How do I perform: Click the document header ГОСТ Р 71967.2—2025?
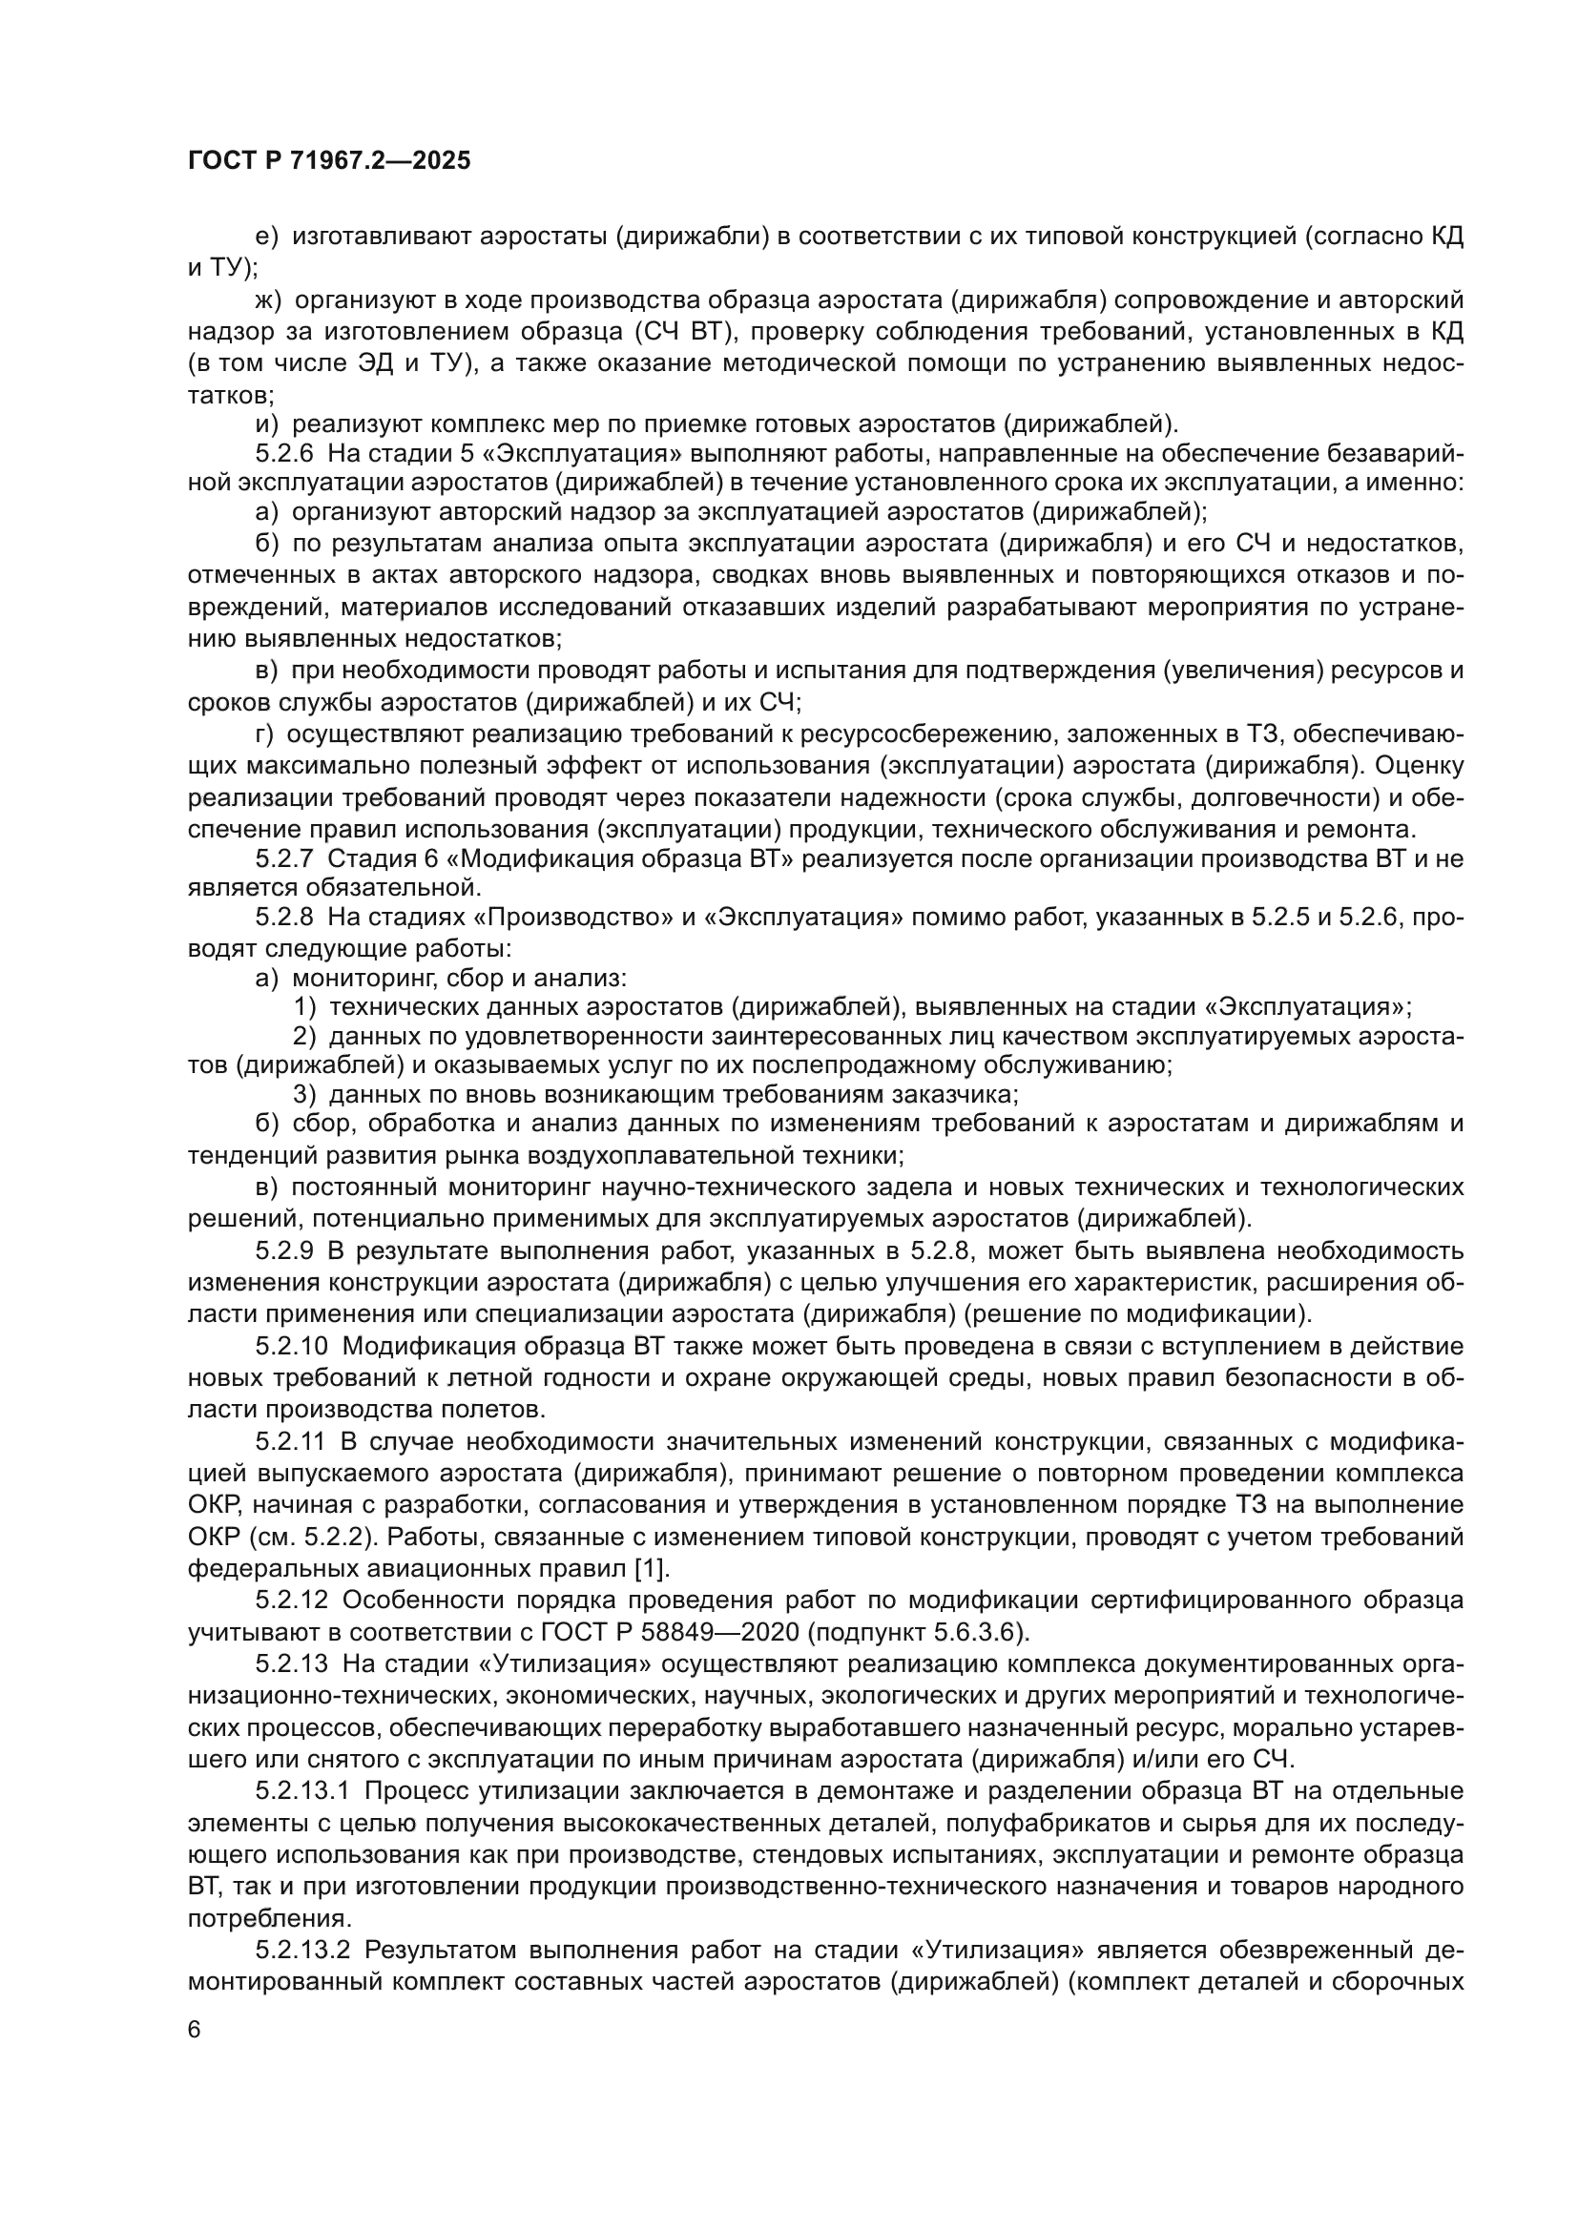[x=329, y=160]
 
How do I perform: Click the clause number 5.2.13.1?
[x=303, y=1791]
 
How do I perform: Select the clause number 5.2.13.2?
[x=303, y=1951]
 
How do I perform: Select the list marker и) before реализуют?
[x=266, y=423]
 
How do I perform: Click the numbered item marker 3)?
[x=305, y=1094]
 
